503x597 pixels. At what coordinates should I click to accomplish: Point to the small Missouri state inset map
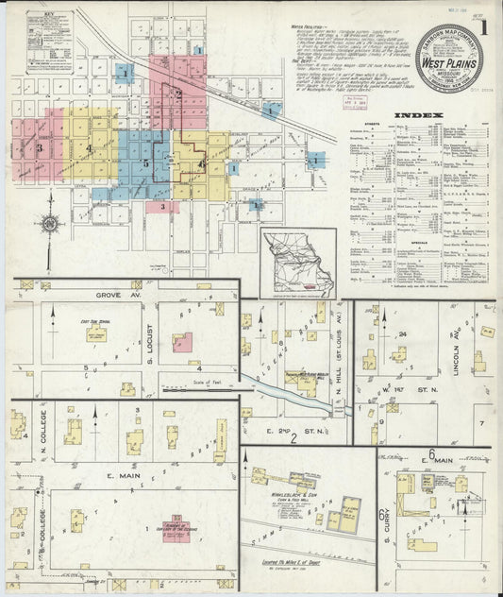tap(297, 261)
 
